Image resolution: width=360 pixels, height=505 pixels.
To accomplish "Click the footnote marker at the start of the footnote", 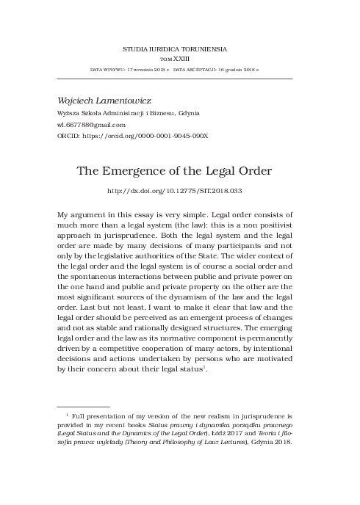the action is point(67,415).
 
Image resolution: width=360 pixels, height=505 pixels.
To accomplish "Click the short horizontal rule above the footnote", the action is point(83,407).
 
